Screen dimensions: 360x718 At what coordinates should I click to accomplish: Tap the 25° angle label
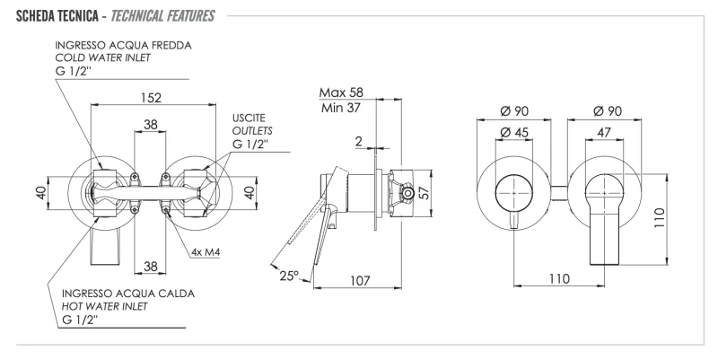point(289,275)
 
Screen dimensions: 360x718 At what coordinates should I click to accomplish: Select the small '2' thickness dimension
point(359,142)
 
